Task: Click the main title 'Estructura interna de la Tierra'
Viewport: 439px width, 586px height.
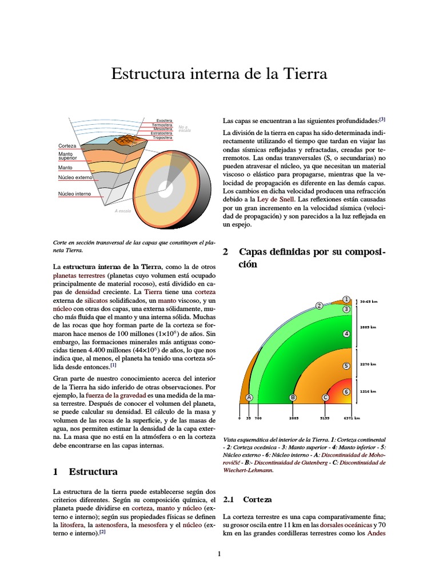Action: [x=219, y=74]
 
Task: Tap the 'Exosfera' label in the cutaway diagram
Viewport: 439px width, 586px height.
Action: [x=164, y=121]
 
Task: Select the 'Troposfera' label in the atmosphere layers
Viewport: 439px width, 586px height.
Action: [x=162, y=137]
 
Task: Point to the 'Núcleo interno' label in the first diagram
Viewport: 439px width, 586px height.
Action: [x=74, y=194]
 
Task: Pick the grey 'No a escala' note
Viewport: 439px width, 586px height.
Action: [x=184, y=129]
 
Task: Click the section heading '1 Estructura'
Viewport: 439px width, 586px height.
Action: [x=85, y=472]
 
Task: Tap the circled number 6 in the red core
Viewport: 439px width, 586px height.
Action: [x=346, y=391]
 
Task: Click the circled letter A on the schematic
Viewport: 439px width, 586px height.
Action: [x=249, y=397]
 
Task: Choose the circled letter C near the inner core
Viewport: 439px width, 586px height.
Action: [x=325, y=397]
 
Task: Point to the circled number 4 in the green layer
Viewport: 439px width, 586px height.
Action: [x=346, y=334]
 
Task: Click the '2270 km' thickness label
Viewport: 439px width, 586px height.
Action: [x=368, y=363]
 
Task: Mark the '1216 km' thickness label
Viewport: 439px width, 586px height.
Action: [x=368, y=391]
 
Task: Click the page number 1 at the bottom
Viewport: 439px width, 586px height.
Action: [x=219, y=554]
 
